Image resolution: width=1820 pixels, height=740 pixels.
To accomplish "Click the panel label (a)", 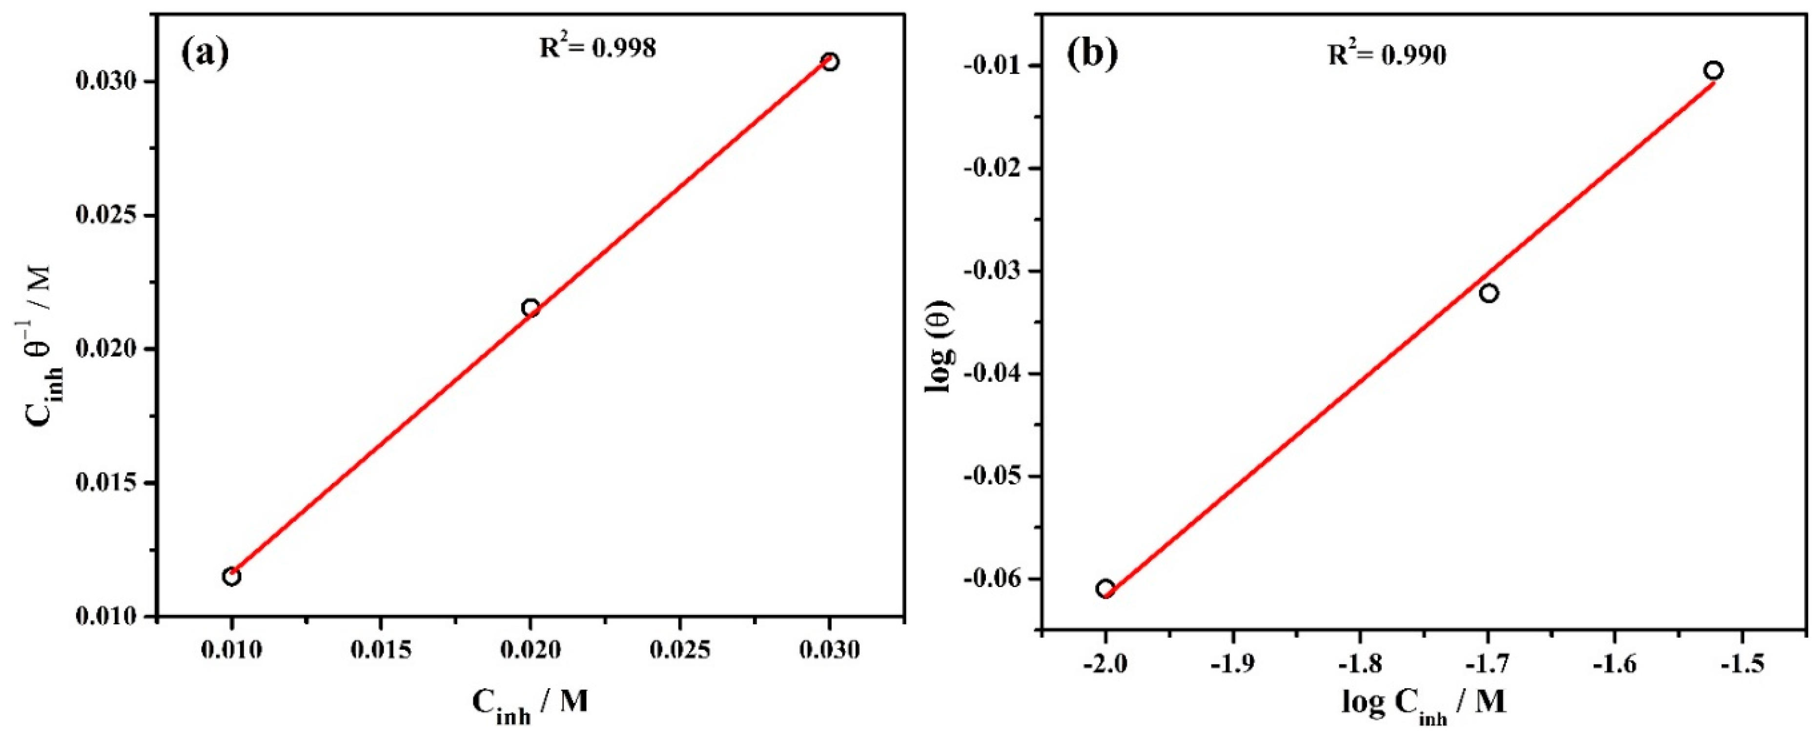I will coord(205,54).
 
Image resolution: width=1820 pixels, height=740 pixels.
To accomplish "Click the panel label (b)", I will coord(1092,56).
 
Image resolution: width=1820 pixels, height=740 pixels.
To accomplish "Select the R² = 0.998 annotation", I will coord(598,47).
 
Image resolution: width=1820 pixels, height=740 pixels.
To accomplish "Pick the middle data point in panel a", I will coord(531,308).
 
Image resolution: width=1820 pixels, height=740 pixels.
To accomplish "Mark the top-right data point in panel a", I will coord(830,62).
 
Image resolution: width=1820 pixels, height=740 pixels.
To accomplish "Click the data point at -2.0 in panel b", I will coord(1105,589).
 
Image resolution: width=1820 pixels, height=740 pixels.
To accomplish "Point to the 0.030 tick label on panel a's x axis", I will coord(830,650).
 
